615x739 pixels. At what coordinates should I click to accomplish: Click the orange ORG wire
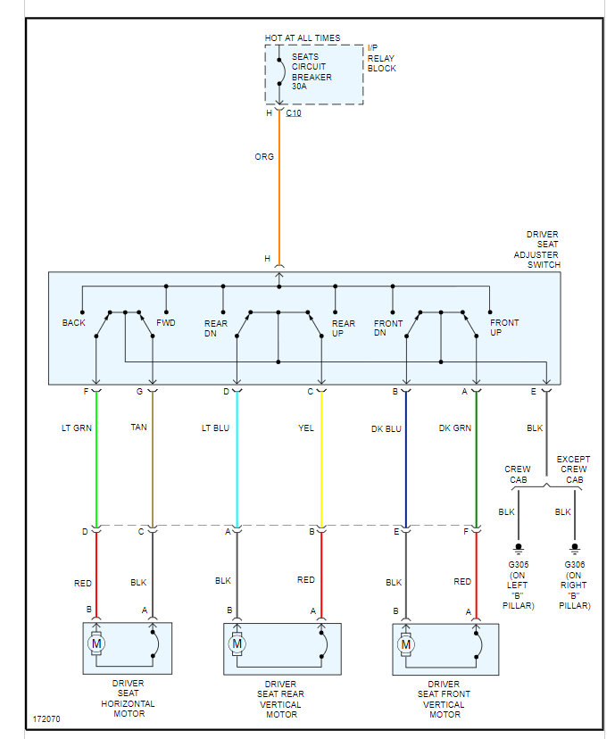point(279,196)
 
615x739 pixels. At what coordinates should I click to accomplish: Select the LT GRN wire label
point(77,428)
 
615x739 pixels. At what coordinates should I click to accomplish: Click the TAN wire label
point(139,428)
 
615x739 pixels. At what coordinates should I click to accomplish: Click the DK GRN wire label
point(454,428)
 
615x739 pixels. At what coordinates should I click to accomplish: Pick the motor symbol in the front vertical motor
point(406,644)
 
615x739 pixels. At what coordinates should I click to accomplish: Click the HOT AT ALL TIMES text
point(303,38)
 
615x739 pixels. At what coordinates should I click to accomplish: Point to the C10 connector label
point(294,113)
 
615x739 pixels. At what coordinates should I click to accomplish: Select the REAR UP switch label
point(343,328)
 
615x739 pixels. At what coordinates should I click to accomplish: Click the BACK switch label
point(73,323)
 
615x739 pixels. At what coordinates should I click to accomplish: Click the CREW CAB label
point(518,474)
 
